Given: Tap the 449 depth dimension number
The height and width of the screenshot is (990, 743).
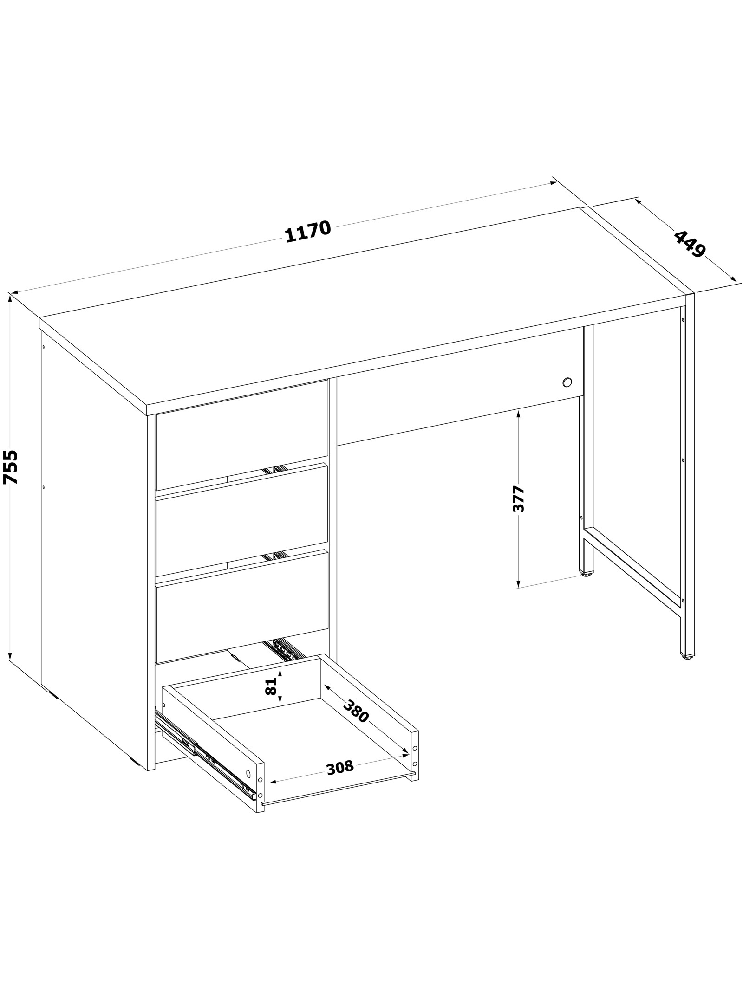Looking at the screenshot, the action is [x=689, y=244].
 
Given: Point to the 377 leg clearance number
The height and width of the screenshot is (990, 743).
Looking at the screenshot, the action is [x=518, y=499].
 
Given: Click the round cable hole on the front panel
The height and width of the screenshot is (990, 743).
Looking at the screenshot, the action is [x=567, y=382].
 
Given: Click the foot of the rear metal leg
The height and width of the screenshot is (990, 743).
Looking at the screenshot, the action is [x=587, y=574].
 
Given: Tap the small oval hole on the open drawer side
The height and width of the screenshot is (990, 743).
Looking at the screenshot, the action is [x=248, y=773].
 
